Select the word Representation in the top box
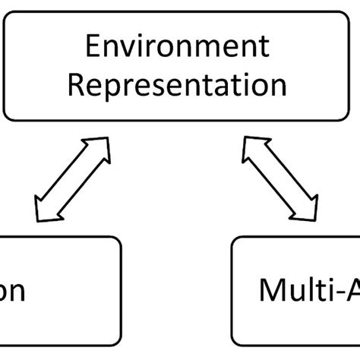177,84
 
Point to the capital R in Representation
76,84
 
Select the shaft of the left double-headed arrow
73,179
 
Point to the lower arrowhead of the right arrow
308,210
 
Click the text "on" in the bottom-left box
13,292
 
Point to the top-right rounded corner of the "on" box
118,241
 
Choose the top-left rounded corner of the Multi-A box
235,241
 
